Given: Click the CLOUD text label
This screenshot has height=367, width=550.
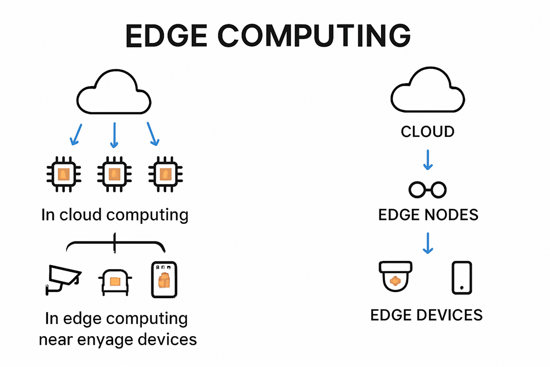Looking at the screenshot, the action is (427, 132).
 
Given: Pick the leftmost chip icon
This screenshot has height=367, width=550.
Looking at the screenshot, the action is (64, 174).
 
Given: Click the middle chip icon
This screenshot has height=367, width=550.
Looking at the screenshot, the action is (114, 174).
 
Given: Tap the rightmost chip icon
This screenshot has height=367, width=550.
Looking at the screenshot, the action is (166, 174).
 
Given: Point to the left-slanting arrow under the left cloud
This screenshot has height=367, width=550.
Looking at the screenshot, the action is (76, 134).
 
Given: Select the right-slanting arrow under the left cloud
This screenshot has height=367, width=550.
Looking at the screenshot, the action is (153, 134).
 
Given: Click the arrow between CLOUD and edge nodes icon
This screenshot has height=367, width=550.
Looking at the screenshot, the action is (428, 160).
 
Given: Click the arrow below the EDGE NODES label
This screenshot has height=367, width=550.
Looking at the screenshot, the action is (428, 243).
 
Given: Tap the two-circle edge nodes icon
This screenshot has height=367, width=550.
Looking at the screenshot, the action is (427, 190).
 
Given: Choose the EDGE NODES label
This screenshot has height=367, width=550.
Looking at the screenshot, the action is (428, 215).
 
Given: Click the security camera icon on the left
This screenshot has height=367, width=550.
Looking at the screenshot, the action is (63, 280).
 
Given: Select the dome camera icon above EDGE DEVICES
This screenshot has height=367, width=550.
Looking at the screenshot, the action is (395, 276).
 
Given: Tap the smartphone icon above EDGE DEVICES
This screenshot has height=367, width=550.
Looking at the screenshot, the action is (461, 277).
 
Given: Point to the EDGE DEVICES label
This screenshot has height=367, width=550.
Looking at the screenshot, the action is (427, 315).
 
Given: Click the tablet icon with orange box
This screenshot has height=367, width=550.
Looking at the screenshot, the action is (164, 280).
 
